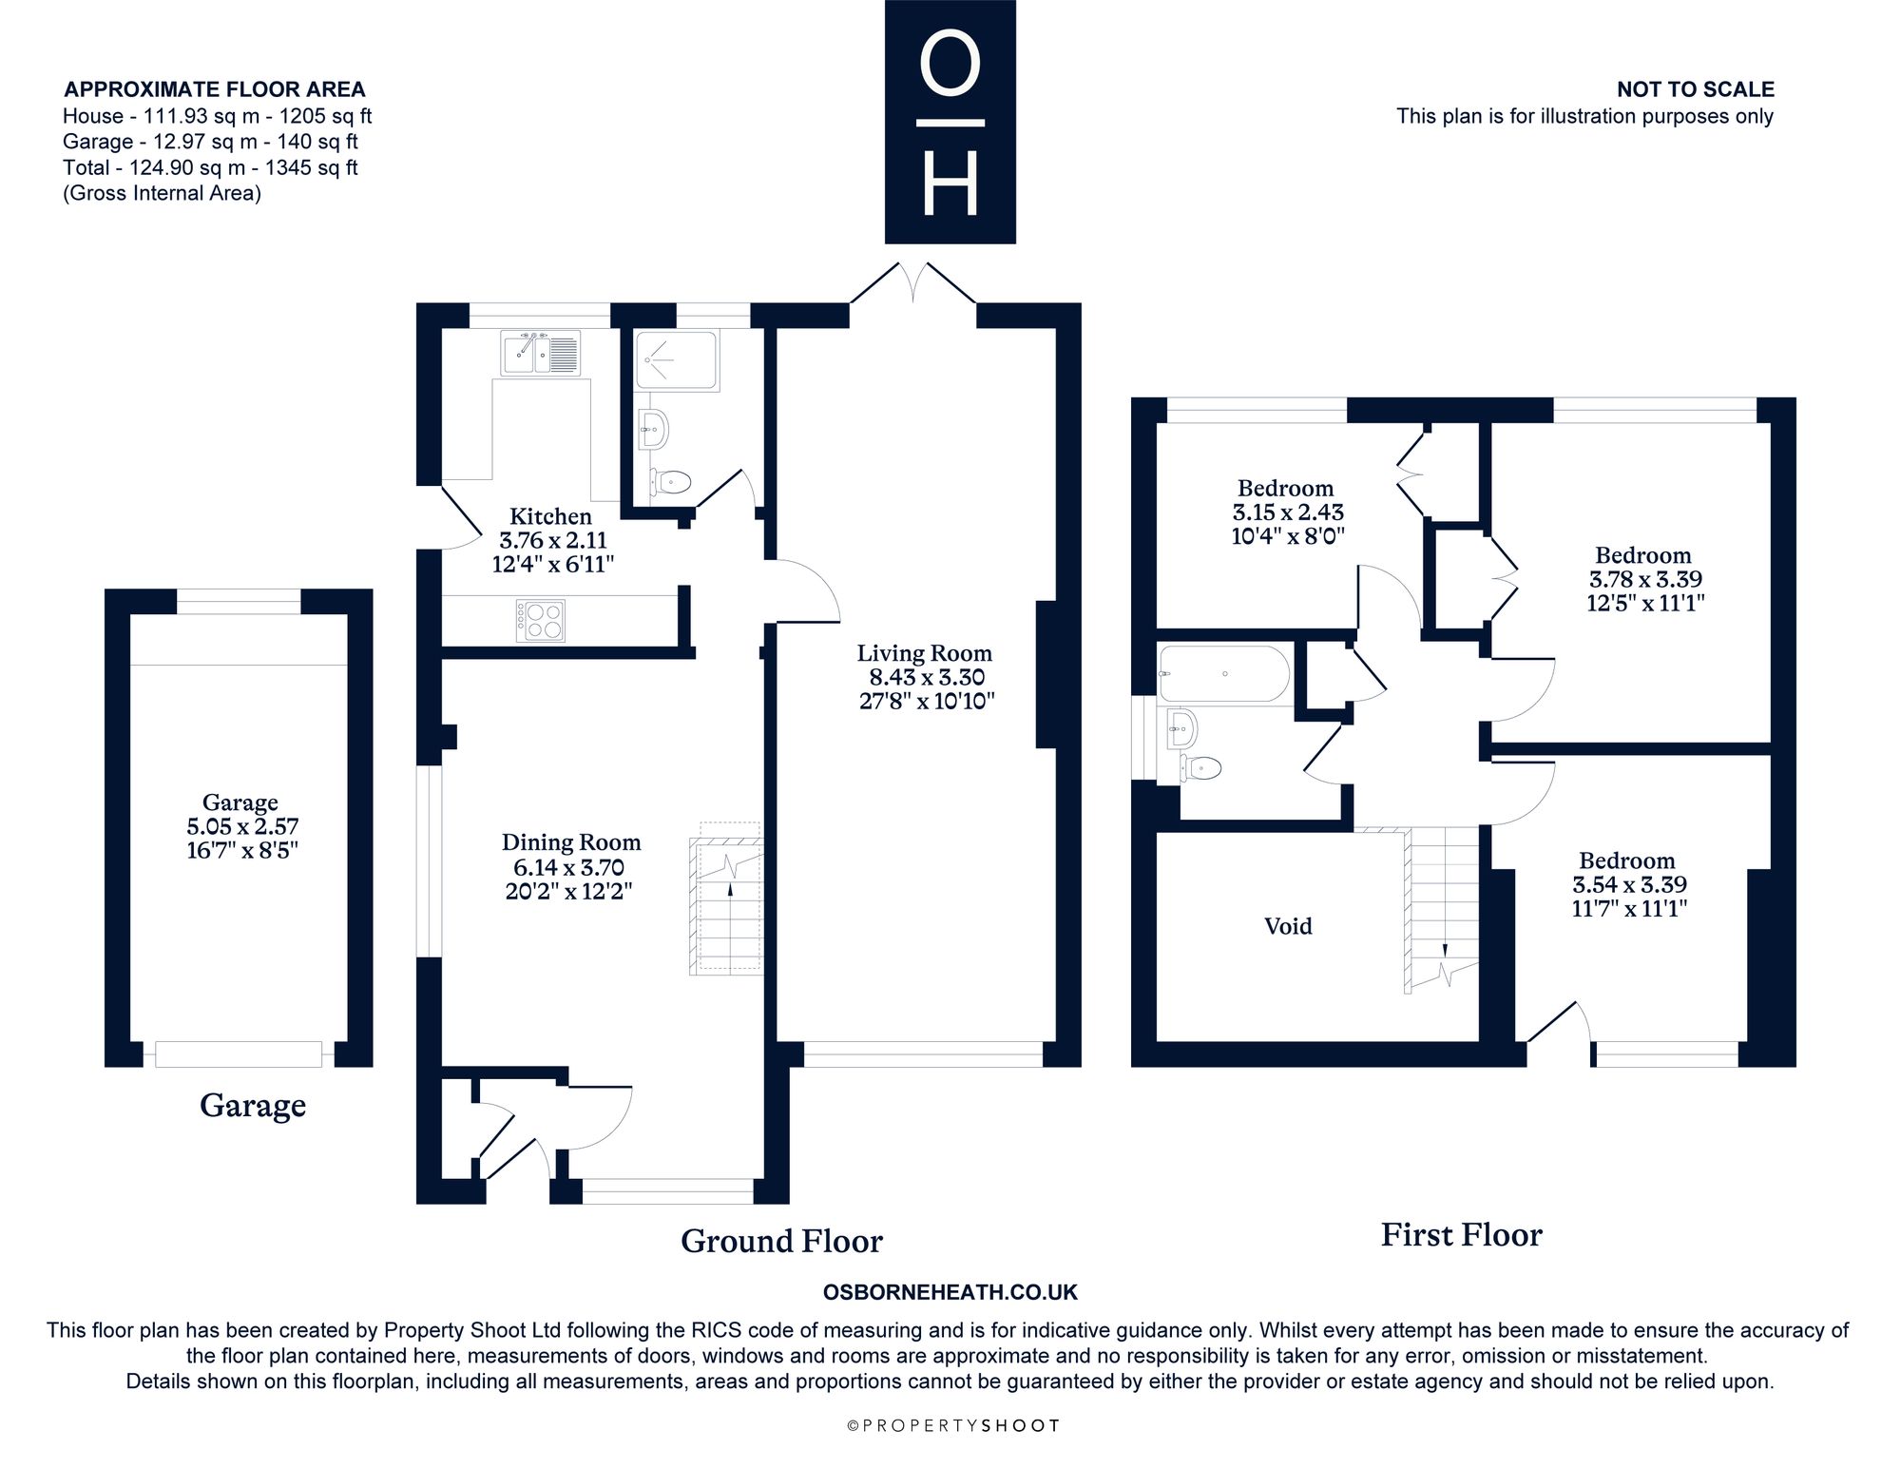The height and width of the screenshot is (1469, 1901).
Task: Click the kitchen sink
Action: tap(541, 353)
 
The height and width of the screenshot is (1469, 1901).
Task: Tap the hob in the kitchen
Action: tap(541, 620)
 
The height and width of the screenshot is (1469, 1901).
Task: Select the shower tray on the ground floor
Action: tap(677, 360)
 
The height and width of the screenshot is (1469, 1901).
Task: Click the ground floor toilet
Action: tap(670, 482)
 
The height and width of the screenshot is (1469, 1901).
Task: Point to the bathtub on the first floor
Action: tap(1224, 674)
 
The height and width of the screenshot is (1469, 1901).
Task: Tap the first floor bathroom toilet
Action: tap(1200, 766)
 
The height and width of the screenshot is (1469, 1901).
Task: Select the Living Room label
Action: tap(925, 653)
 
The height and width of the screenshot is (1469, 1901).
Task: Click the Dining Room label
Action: tap(571, 842)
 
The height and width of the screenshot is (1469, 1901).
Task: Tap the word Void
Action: tap(1288, 926)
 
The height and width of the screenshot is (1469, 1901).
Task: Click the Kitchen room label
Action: tap(550, 516)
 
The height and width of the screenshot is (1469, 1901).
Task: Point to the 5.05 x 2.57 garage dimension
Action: tap(242, 826)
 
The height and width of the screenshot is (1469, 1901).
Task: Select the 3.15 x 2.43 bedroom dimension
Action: tap(1288, 512)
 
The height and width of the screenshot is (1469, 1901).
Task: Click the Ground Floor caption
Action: tap(781, 1241)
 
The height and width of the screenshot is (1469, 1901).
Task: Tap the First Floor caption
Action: tap(1461, 1235)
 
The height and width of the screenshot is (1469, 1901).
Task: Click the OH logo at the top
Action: tap(950, 122)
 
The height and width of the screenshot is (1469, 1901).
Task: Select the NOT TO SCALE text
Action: tap(1696, 89)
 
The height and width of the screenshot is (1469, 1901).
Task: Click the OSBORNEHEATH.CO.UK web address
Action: tap(950, 1292)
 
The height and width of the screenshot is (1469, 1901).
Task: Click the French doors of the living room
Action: tap(912, 284)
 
